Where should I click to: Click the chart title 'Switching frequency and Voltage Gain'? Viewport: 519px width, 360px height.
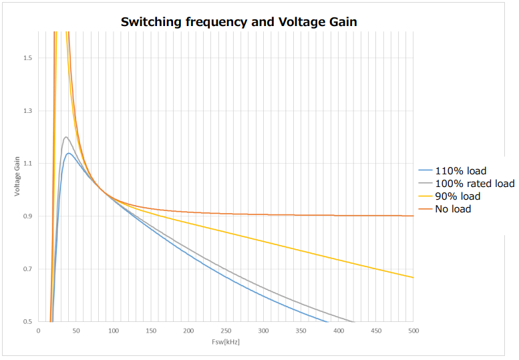pos(238,22)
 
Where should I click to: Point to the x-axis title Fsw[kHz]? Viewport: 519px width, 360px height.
pos(226,342)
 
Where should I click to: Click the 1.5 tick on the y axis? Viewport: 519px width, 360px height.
pos(27,58)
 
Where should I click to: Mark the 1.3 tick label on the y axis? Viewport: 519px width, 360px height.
pos(27,111)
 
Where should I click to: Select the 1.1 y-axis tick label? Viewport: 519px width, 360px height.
pos(27,164)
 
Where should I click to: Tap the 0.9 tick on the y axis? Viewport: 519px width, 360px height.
pos(27,216)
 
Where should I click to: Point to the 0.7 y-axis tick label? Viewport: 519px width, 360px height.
pos(27,269)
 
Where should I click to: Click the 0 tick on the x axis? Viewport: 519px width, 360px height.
pos(39,331)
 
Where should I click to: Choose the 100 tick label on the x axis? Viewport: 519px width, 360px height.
pos(114,331)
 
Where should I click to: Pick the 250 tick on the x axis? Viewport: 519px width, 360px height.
pos(226,331)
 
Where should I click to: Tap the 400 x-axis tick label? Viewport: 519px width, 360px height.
pos(339,331)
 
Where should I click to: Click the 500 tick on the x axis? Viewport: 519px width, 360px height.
pos(413,331)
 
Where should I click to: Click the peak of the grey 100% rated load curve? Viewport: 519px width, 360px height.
pos(65,137)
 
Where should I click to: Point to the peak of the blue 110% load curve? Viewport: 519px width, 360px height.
pos(68,153)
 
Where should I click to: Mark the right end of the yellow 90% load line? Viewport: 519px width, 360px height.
pos(413,277)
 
